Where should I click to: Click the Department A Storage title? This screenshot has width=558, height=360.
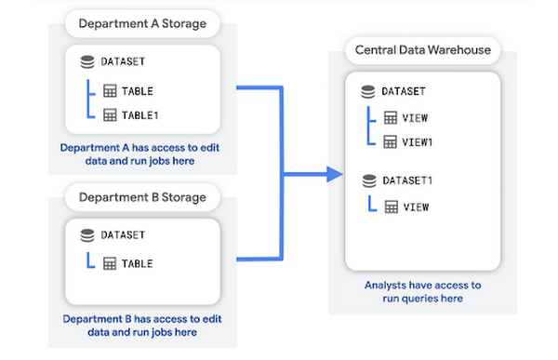click(143, 22)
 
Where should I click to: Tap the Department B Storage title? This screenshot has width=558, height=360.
click(141, 197)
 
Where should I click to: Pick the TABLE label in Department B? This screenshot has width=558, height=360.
click(138, 263)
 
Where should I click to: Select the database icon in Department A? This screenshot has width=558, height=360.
click(87, 62)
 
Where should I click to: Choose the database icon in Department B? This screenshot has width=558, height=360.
click(87, 236)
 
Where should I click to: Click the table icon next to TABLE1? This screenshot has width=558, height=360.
click(109, 115)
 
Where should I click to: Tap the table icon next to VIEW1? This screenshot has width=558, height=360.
click(390, 141)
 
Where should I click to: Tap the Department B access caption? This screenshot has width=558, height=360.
click(141, 325)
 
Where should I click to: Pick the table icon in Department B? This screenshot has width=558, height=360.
click(109, 263)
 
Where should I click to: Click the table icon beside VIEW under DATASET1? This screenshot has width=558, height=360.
click(390, 207)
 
